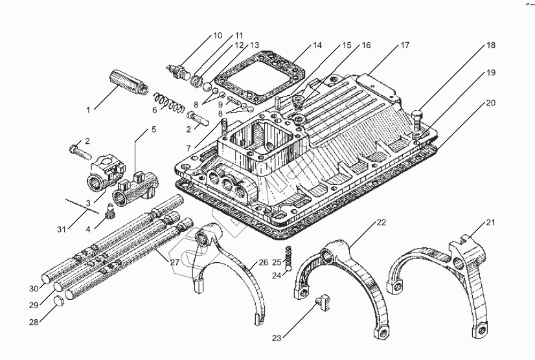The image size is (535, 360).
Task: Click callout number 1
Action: (89, 110)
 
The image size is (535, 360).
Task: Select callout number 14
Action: (317, 45)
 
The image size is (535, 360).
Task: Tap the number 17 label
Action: (405, 45)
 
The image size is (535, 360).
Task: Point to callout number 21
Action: (490, 223)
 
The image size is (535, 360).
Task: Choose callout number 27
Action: (174, 262)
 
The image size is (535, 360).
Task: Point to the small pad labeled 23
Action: (324, 301)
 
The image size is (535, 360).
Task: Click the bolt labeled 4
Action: (109, 210)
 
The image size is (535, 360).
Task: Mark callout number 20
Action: (490, 102)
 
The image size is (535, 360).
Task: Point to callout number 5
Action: (154, 129)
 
